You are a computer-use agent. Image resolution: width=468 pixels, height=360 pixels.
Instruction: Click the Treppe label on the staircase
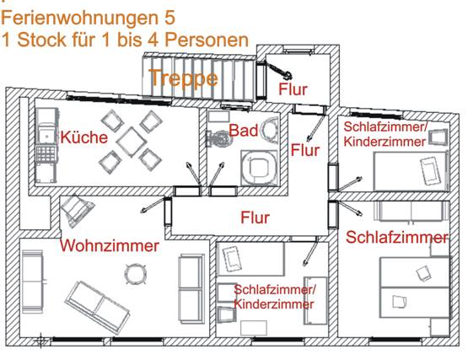[x=185, y=78]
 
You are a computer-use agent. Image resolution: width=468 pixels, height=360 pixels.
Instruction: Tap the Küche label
[x=83, y=137]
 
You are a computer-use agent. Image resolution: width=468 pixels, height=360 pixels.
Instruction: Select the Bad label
[x=243, y=131]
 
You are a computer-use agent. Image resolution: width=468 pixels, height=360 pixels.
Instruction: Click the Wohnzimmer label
[x=110, y=245]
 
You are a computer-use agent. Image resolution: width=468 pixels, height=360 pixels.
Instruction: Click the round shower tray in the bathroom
[x=260, y=168]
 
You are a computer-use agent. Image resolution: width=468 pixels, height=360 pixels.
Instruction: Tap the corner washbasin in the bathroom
[x=269, y=130]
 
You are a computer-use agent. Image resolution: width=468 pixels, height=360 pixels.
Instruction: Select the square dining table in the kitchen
[x=132, y=142]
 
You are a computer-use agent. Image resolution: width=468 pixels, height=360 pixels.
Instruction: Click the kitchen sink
[x=46, y=134]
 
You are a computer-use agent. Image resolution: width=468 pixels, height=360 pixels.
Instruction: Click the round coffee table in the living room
[x=136, y=274]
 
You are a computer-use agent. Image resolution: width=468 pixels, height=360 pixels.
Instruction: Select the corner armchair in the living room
[x=77, y=211]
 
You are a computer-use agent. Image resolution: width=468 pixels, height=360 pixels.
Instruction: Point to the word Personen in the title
[x=207, y=40]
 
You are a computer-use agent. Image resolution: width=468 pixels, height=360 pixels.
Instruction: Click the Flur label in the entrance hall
[x=293, y=89]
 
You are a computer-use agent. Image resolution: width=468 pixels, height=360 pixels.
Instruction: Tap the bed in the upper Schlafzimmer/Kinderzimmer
[x=411, y=171]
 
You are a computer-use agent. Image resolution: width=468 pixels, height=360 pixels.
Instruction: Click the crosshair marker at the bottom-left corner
[x=40, y=341]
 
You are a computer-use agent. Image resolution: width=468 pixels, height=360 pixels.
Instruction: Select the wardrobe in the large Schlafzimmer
[x=408, y=211]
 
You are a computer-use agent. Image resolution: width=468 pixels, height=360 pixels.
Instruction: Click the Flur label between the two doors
[x=305, y=150]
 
